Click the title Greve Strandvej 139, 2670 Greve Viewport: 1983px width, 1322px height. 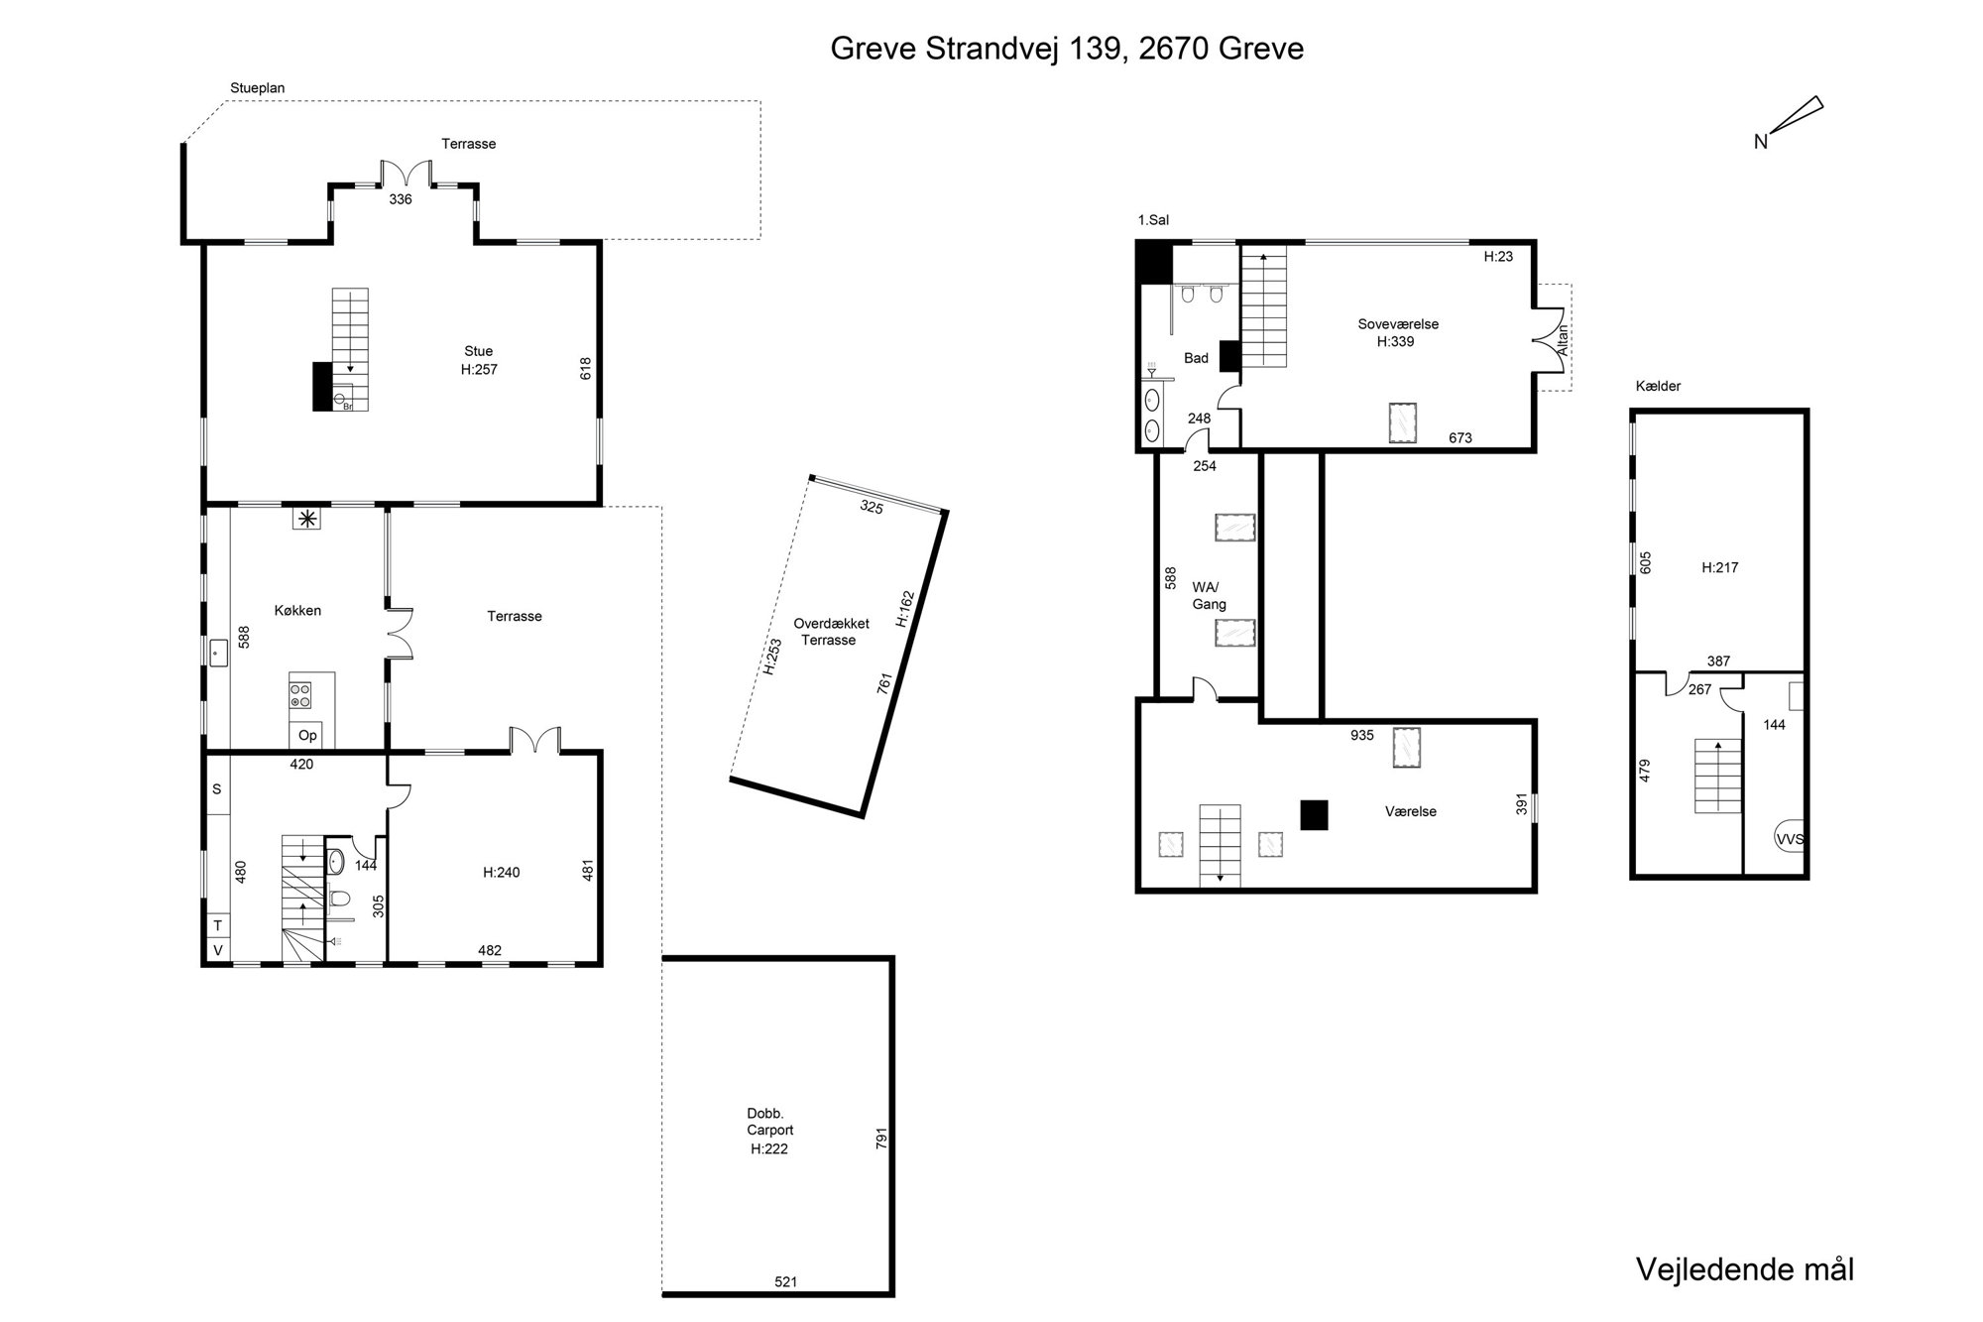tap(1067, 49)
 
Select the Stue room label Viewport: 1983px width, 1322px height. tap(478, 350)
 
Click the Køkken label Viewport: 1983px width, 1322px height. tap(297, 610)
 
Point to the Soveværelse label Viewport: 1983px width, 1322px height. tap(1398, 324)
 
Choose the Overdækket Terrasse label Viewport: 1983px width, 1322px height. tap(831, 632)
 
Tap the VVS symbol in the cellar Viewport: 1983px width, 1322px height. tap(1789, 839)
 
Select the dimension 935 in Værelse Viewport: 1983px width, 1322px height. tap(1362, 735)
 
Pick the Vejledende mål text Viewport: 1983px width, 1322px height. tap(1745, 1268)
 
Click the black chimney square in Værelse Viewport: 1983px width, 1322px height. tap(1314, 814)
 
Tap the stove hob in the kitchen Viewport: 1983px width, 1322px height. tap(299, 694)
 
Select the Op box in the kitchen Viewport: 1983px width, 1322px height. tap(308, 735)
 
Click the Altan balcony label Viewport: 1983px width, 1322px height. tap(1563, 339)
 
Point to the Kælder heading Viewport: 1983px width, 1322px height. tap(1658, 386)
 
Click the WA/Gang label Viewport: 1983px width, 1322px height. tap(1210, 596)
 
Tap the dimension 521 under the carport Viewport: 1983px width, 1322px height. tap(785, 1282)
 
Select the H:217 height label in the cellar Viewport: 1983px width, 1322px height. tap(1719, 567)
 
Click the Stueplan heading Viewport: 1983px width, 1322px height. tap(258, 88)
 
